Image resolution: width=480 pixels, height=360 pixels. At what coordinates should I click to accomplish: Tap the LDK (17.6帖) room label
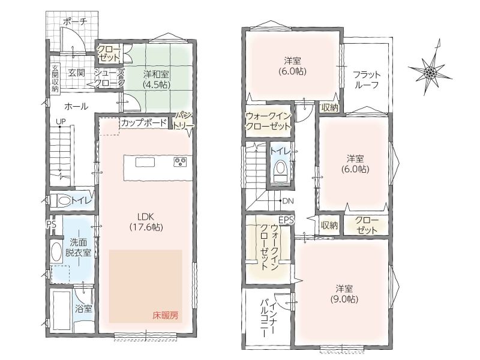[146, 222]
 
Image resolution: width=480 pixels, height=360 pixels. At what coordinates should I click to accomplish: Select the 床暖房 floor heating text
[166, 316]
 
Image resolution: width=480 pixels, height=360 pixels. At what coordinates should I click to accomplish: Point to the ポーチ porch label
[75, 22]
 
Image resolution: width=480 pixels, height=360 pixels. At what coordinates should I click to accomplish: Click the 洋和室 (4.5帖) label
[157, 79]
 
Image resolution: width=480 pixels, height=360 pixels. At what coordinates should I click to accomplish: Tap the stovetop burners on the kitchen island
[181, 161]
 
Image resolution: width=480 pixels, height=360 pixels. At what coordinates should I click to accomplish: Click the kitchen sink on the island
[143, 162]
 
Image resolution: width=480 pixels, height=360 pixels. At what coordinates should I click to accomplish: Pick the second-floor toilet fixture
[280, 169]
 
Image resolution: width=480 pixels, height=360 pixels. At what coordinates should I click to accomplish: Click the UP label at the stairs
[61, 122]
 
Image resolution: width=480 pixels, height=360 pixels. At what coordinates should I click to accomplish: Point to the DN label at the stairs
[288, 201]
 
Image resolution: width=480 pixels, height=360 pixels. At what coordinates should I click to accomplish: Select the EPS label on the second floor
[286, 220]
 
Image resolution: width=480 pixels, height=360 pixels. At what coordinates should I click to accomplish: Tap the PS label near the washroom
[52, 224]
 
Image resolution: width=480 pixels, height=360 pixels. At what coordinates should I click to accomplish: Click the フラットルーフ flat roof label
[367, 80]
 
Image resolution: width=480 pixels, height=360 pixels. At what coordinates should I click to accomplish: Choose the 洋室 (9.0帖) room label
[344, 294]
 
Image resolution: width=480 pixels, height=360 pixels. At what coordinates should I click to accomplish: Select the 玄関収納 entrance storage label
[55, 79]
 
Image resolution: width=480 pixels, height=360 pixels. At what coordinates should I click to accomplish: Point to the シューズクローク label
[110, 78]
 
